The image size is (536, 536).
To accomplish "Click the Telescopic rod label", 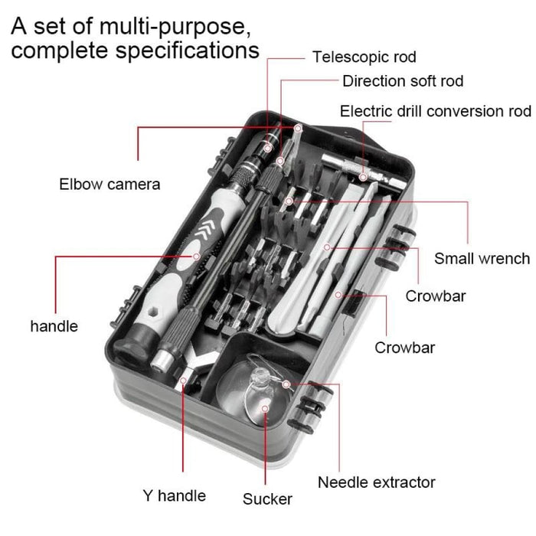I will [x=364, y=57].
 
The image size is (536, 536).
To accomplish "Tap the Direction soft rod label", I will [x=402, y=81].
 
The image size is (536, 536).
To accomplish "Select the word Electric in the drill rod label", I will [x=366, y=111].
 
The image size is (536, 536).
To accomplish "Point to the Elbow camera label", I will [x=109, y=184].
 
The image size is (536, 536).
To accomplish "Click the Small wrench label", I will [x=482, y=258].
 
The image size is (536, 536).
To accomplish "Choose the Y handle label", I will [x=175, y=495].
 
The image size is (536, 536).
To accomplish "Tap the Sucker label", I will [x=267, y=499].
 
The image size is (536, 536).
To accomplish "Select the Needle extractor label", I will [x=376, y=482].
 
